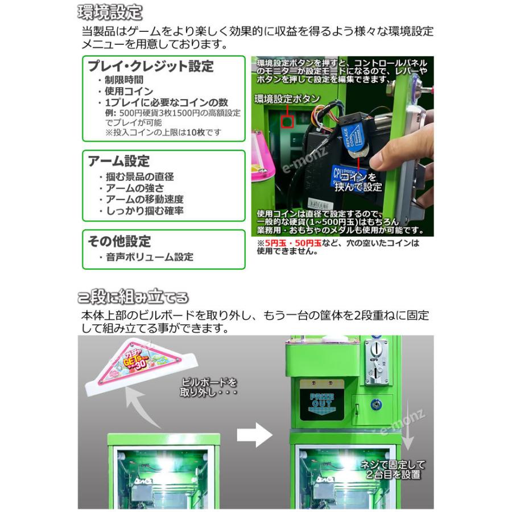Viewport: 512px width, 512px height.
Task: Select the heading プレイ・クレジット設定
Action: (x=151, y=66)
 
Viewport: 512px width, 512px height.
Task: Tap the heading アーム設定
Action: (x=119, y=161)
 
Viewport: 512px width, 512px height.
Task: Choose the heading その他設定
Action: (x=119, y=241)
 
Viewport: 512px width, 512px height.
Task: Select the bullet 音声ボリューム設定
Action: (x=149, y=257)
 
